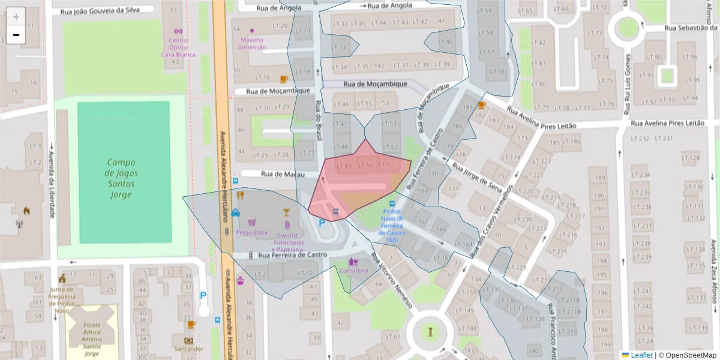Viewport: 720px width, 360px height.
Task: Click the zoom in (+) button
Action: (x=16, y=17)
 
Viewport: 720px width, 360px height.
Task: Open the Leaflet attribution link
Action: (x=641, y=355)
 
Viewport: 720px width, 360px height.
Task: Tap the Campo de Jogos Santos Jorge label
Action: (x=122, y=178)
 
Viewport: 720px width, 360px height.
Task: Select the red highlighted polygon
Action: (x=360, y=186)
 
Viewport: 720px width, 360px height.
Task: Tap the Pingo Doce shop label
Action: (x=252, y=232)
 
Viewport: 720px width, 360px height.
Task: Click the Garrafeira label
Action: (x=353, y=271)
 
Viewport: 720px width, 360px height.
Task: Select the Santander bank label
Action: (x=188, y=349)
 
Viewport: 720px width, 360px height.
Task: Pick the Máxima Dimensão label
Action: (x=251, y=43)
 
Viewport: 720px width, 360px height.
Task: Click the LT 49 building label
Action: (x=344, y=166)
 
